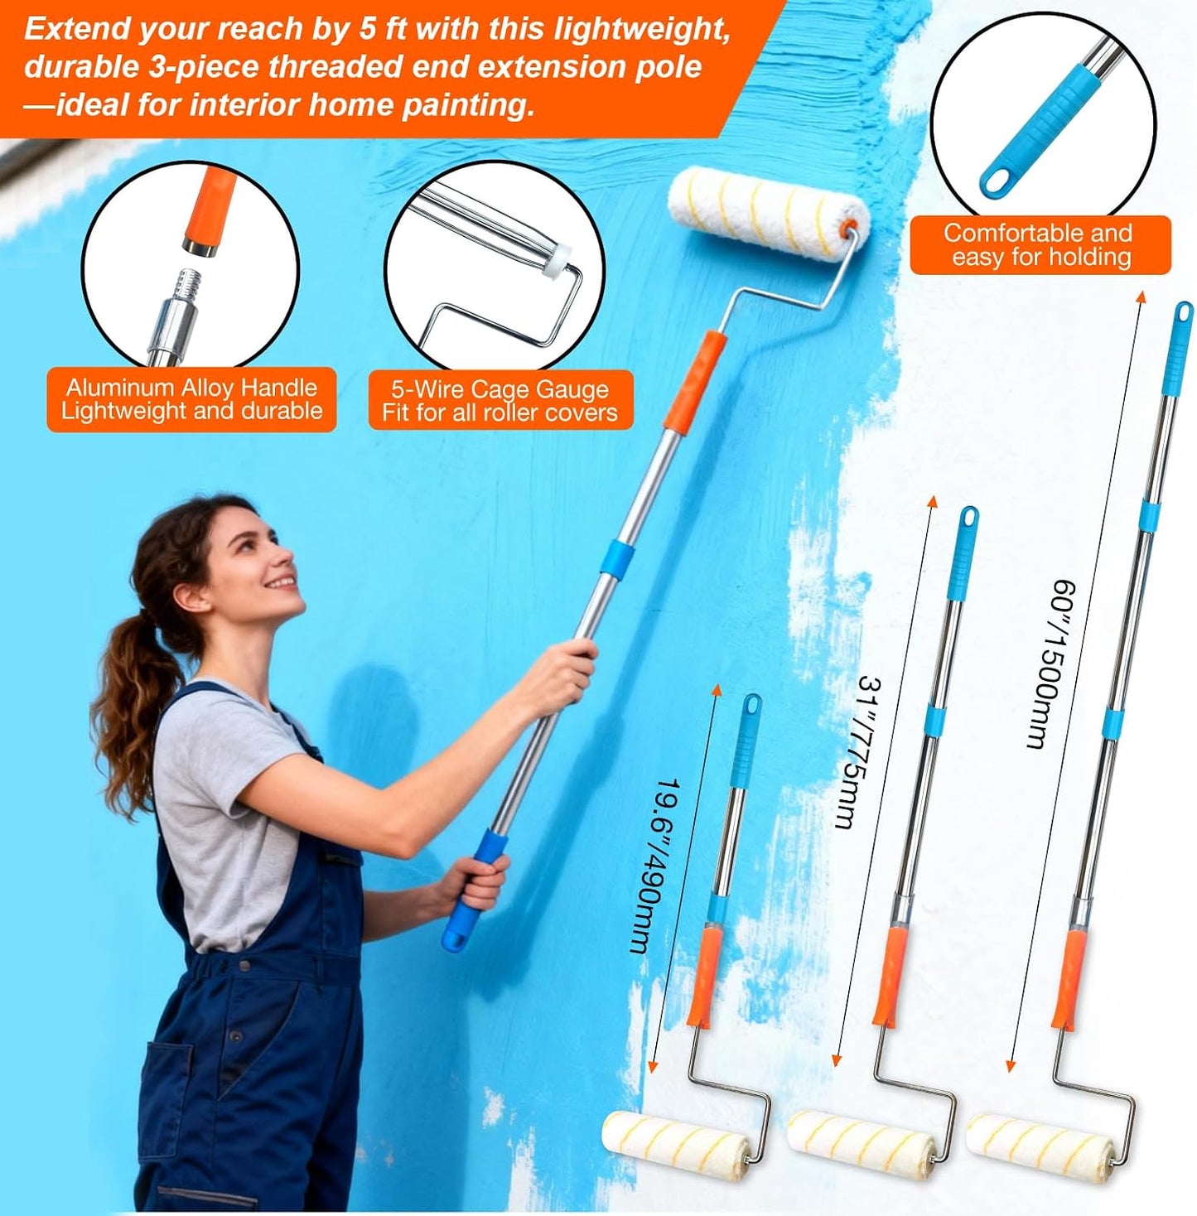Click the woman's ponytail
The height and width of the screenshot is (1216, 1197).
pos(129,707)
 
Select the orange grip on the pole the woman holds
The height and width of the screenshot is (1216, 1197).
pos(694,380)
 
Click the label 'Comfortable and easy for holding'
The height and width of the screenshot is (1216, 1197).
pos(1040,244)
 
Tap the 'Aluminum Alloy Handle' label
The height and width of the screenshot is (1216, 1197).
pos(192,387)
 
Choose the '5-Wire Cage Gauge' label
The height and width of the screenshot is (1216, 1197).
pos(500,388)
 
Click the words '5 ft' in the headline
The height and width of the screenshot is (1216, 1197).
pos(384,30)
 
